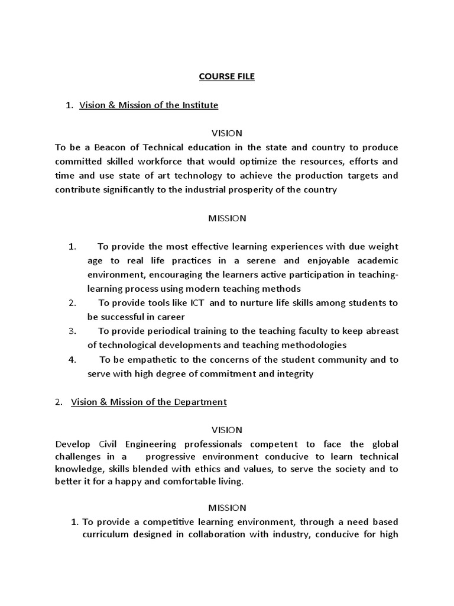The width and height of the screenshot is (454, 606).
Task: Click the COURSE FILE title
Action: click(227, 77)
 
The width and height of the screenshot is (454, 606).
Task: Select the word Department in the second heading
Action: click(200, 402)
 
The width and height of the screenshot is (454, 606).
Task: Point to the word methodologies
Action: click(309, 345)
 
